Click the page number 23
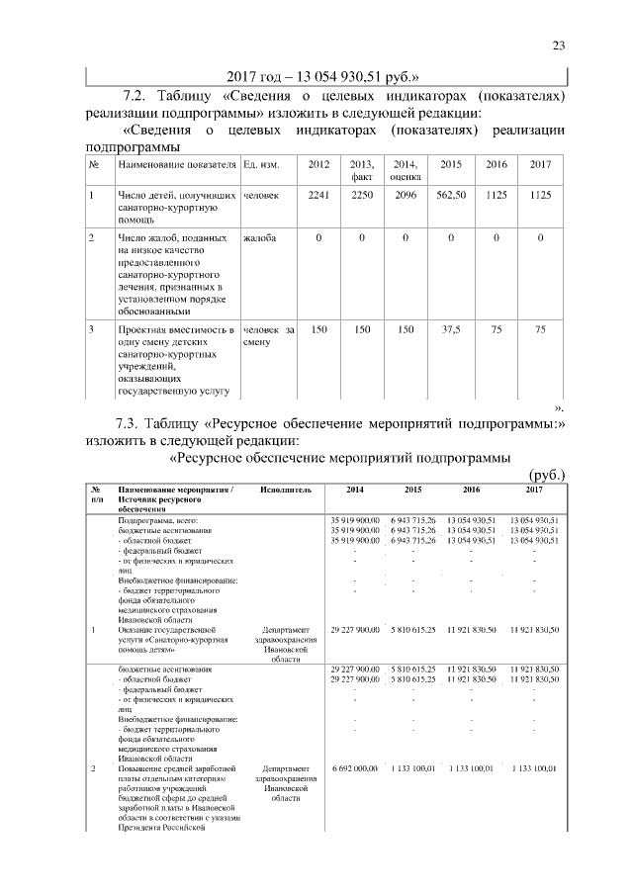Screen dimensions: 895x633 (x=557, y=45)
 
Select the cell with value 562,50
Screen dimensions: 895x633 (x=451, y=196)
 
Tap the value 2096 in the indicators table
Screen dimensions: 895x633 (x=406, y=196)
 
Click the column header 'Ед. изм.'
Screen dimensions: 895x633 (x=262, y=164)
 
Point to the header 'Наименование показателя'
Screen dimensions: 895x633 (x=177, y=164)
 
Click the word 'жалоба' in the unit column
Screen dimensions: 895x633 (x=259, y=238)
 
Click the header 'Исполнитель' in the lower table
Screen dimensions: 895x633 (x=287, y=489)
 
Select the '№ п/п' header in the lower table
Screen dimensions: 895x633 (x=97, y=494)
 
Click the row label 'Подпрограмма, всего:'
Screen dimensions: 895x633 (x=158, y=519)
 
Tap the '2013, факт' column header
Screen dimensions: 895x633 (x=362, y=169)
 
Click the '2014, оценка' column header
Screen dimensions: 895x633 (x=406, y=169)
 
